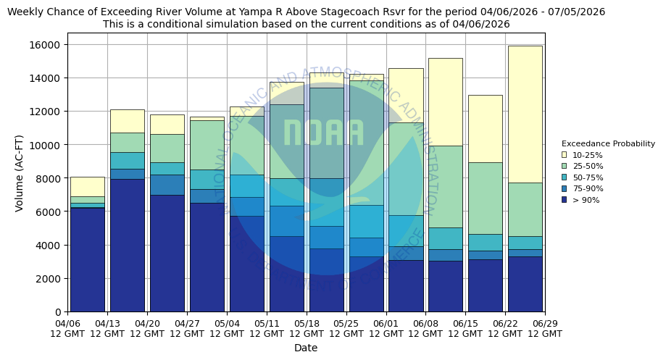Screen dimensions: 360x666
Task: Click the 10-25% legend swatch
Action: pos(564,155)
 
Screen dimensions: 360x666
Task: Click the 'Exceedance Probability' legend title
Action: pos(607,143)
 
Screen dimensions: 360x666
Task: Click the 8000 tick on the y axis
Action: pos(50,178)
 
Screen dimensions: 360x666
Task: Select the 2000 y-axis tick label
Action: pos(50,279)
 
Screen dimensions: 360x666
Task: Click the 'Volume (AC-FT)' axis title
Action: pos(20,172)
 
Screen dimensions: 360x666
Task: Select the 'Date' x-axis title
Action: pos(306,348)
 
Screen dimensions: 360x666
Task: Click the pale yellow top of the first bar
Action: pos(87,186)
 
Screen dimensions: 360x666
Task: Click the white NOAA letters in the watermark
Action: pos(323,133)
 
